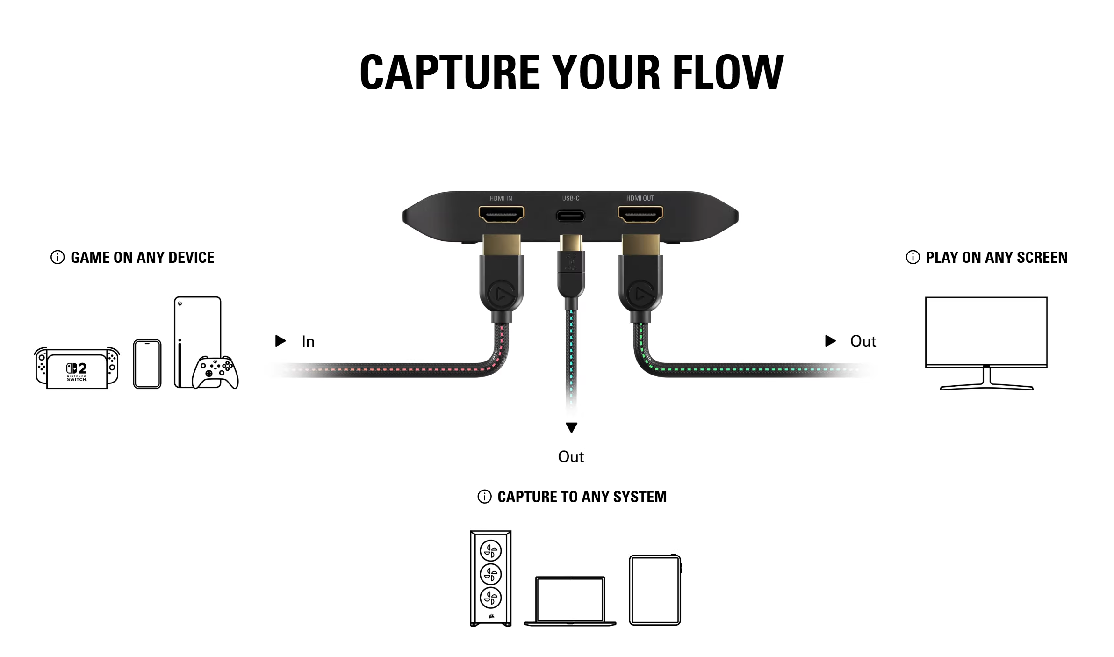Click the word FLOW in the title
[x=728, y=72]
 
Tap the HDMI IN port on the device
[x=501, y=215]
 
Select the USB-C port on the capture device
[x=570, y=216]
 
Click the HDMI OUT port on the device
[x=640, y=215]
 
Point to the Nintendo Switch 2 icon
[x=77, y=368]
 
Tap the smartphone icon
[x=147, y=364]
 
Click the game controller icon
[x=216, y=373]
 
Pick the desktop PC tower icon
[x=491, y=578]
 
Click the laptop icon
[x=570, y=601]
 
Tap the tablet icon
[x=655, y=590]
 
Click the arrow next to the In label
[x=280, y=341]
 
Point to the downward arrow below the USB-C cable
[x=571, y=427]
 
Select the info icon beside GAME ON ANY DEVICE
[x=57, y=257]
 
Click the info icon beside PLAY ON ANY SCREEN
[x=913, y=257]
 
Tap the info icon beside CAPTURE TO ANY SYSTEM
[x=484, y=497]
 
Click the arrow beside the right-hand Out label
[x=831, y=341]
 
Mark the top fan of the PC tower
[x=491, y=551]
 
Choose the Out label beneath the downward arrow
[x=571, y=457]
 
